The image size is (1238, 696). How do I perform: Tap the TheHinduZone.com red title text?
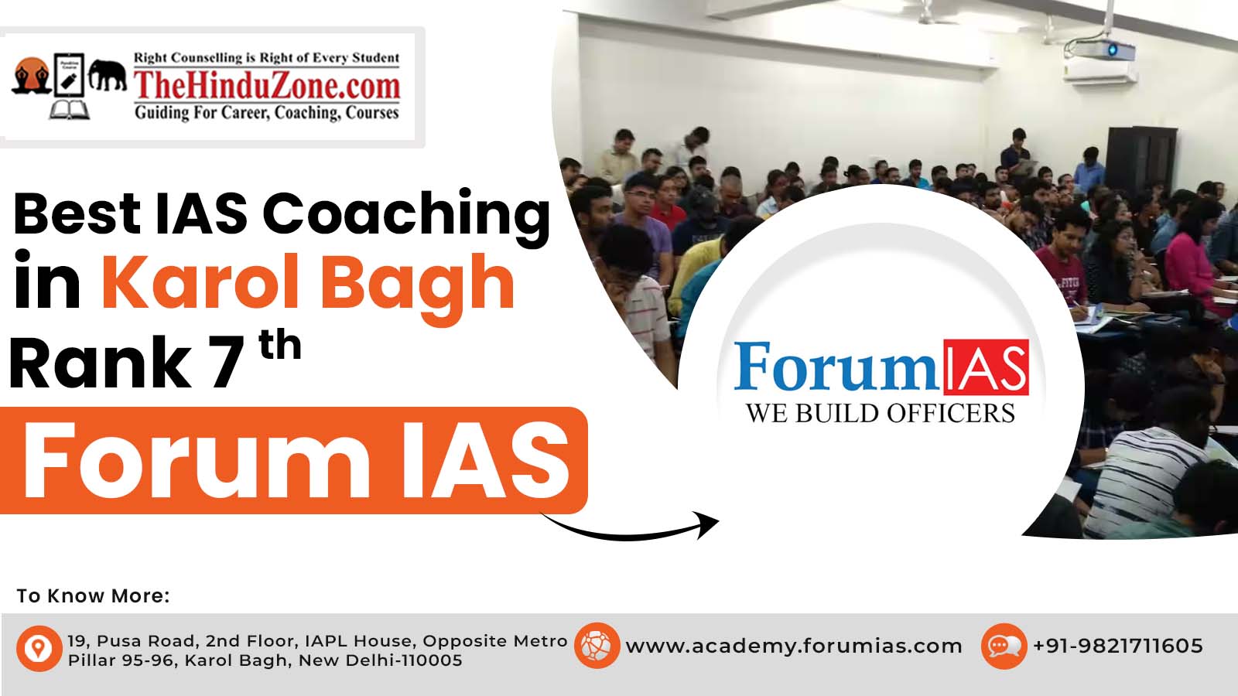[x=267, y=86]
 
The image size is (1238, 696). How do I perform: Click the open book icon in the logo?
[x=70, y=109]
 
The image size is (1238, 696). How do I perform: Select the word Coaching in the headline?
[x=406, y=215]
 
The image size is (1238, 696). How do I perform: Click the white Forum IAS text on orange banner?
[x=296, y=461]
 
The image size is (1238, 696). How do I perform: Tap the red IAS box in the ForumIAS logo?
[x=986, y=367]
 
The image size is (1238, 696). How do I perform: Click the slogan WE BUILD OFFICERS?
[x=881, y=413]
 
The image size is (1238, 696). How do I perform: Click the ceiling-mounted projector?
[x=1103, y=50]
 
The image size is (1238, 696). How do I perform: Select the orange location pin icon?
[x=39, y=648]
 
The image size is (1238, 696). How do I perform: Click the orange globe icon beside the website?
[x=597, y=645]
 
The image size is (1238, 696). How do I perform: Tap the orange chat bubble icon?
[x=1004, y=647]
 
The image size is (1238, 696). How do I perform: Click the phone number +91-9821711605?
[x=1117, y=646]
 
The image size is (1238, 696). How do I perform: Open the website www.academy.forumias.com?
[x=794, y=646]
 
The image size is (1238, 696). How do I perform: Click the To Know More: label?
[x=93, y=595]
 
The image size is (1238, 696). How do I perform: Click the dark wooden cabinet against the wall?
[x=1141, y=159]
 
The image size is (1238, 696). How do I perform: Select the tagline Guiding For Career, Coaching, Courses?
[x=267, y=113]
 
